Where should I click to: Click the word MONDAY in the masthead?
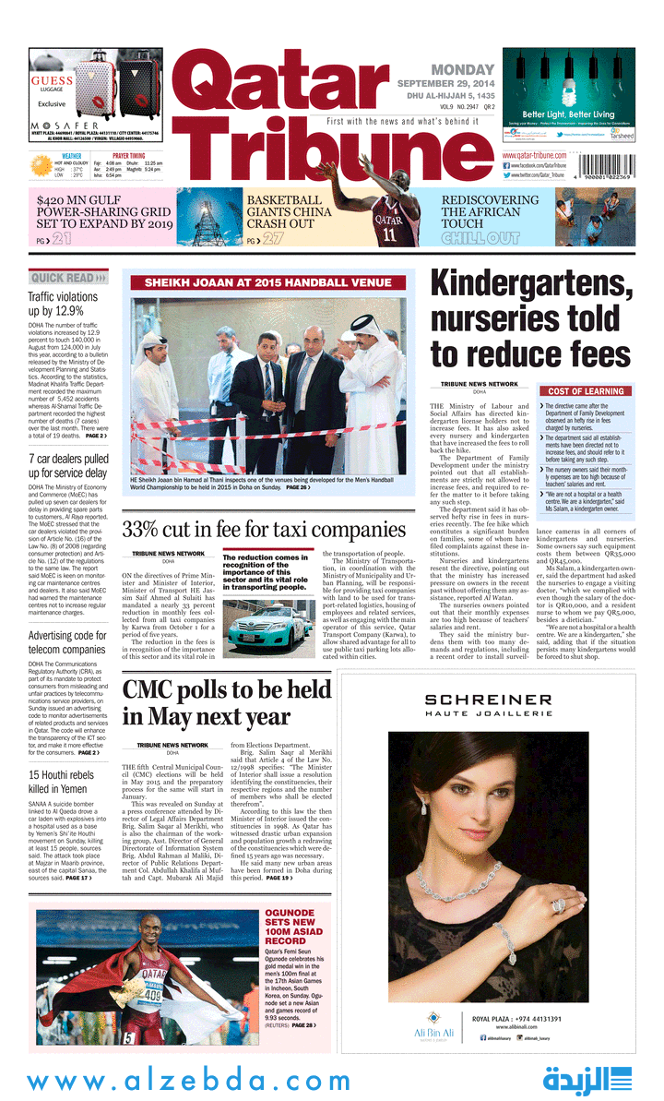click(463, 69)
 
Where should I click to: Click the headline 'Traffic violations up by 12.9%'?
click(63, 304)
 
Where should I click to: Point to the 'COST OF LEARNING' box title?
click(586, 391)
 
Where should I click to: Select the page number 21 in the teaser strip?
click(62, 240)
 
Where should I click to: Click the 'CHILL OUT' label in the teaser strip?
click(480, 239)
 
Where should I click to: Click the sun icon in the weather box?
click(41, 166)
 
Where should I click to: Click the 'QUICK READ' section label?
click(63, 278)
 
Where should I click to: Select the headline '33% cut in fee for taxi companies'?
click(263, 531)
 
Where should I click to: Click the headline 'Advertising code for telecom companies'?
click(66, 642)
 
